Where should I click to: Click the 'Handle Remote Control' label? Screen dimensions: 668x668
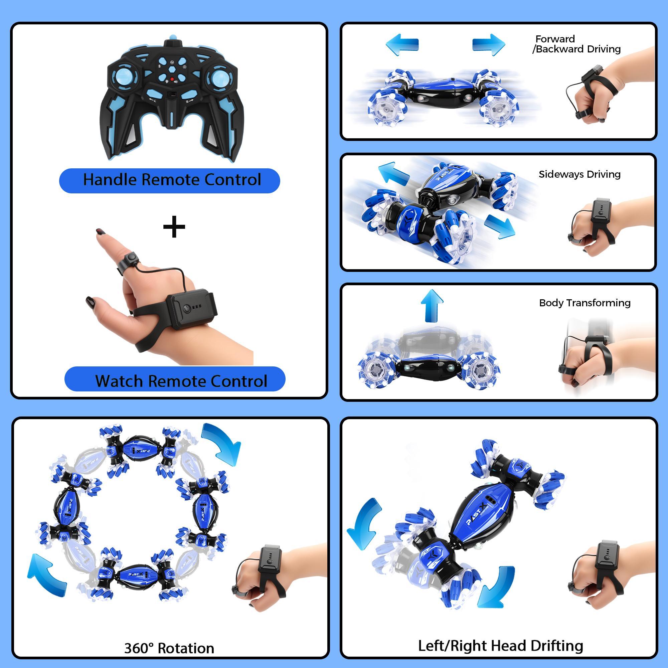(172, 180)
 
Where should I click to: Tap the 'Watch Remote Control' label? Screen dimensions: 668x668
(181, 381)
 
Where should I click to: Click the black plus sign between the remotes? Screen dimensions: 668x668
(174, 227)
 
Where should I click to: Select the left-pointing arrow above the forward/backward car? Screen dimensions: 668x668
(402, 44)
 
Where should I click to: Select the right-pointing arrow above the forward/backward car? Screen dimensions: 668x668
(489, 44)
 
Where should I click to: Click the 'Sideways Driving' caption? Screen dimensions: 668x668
(579, 174)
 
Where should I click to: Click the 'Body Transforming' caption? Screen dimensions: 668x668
(585, 303)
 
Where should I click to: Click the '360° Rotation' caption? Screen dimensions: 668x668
(169, 648)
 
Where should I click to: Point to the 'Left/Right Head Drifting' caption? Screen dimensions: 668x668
(500, 646)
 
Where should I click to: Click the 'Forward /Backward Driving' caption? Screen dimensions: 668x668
(576, 44)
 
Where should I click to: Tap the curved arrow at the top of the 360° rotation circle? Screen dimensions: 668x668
(222, 444)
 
